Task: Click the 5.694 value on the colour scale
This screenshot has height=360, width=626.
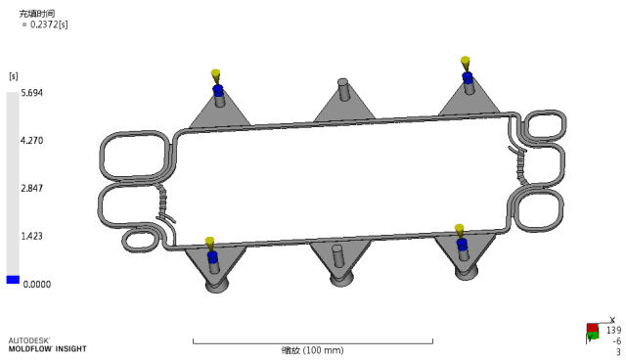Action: pyautogui.click(x=32, y=93)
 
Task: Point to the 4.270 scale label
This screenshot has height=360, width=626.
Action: pyautogui.click(x=32, y=141)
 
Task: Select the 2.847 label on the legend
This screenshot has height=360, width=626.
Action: pyautogui.click(x=32, y=188)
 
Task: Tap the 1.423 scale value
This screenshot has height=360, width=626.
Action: pyautogui.click(x=32, y=236)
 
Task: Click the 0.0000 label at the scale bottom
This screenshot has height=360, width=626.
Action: pyautogui.click(x=37, y=285)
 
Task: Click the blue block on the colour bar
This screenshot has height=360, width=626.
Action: pyautogui.click(x=13, y=280)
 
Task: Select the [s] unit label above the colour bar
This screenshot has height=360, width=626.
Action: pyautogui.click(x=14, y=76)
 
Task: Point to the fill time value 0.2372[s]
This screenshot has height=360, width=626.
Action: pyautogui.click(x=49, y=24)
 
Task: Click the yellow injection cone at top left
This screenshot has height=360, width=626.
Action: pyautogui.click(x=215, y=76)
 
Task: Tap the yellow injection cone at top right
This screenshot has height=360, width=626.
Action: pyautogui.click(x=466, y=64)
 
